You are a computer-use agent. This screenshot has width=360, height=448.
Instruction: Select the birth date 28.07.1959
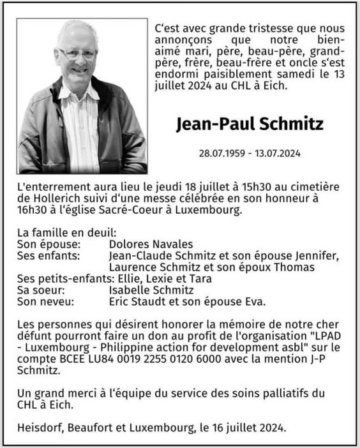(223, 154)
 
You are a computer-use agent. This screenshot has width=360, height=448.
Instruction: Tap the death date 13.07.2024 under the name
(278, 154)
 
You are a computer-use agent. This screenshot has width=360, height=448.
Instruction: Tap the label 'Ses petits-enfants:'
(63, 278)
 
